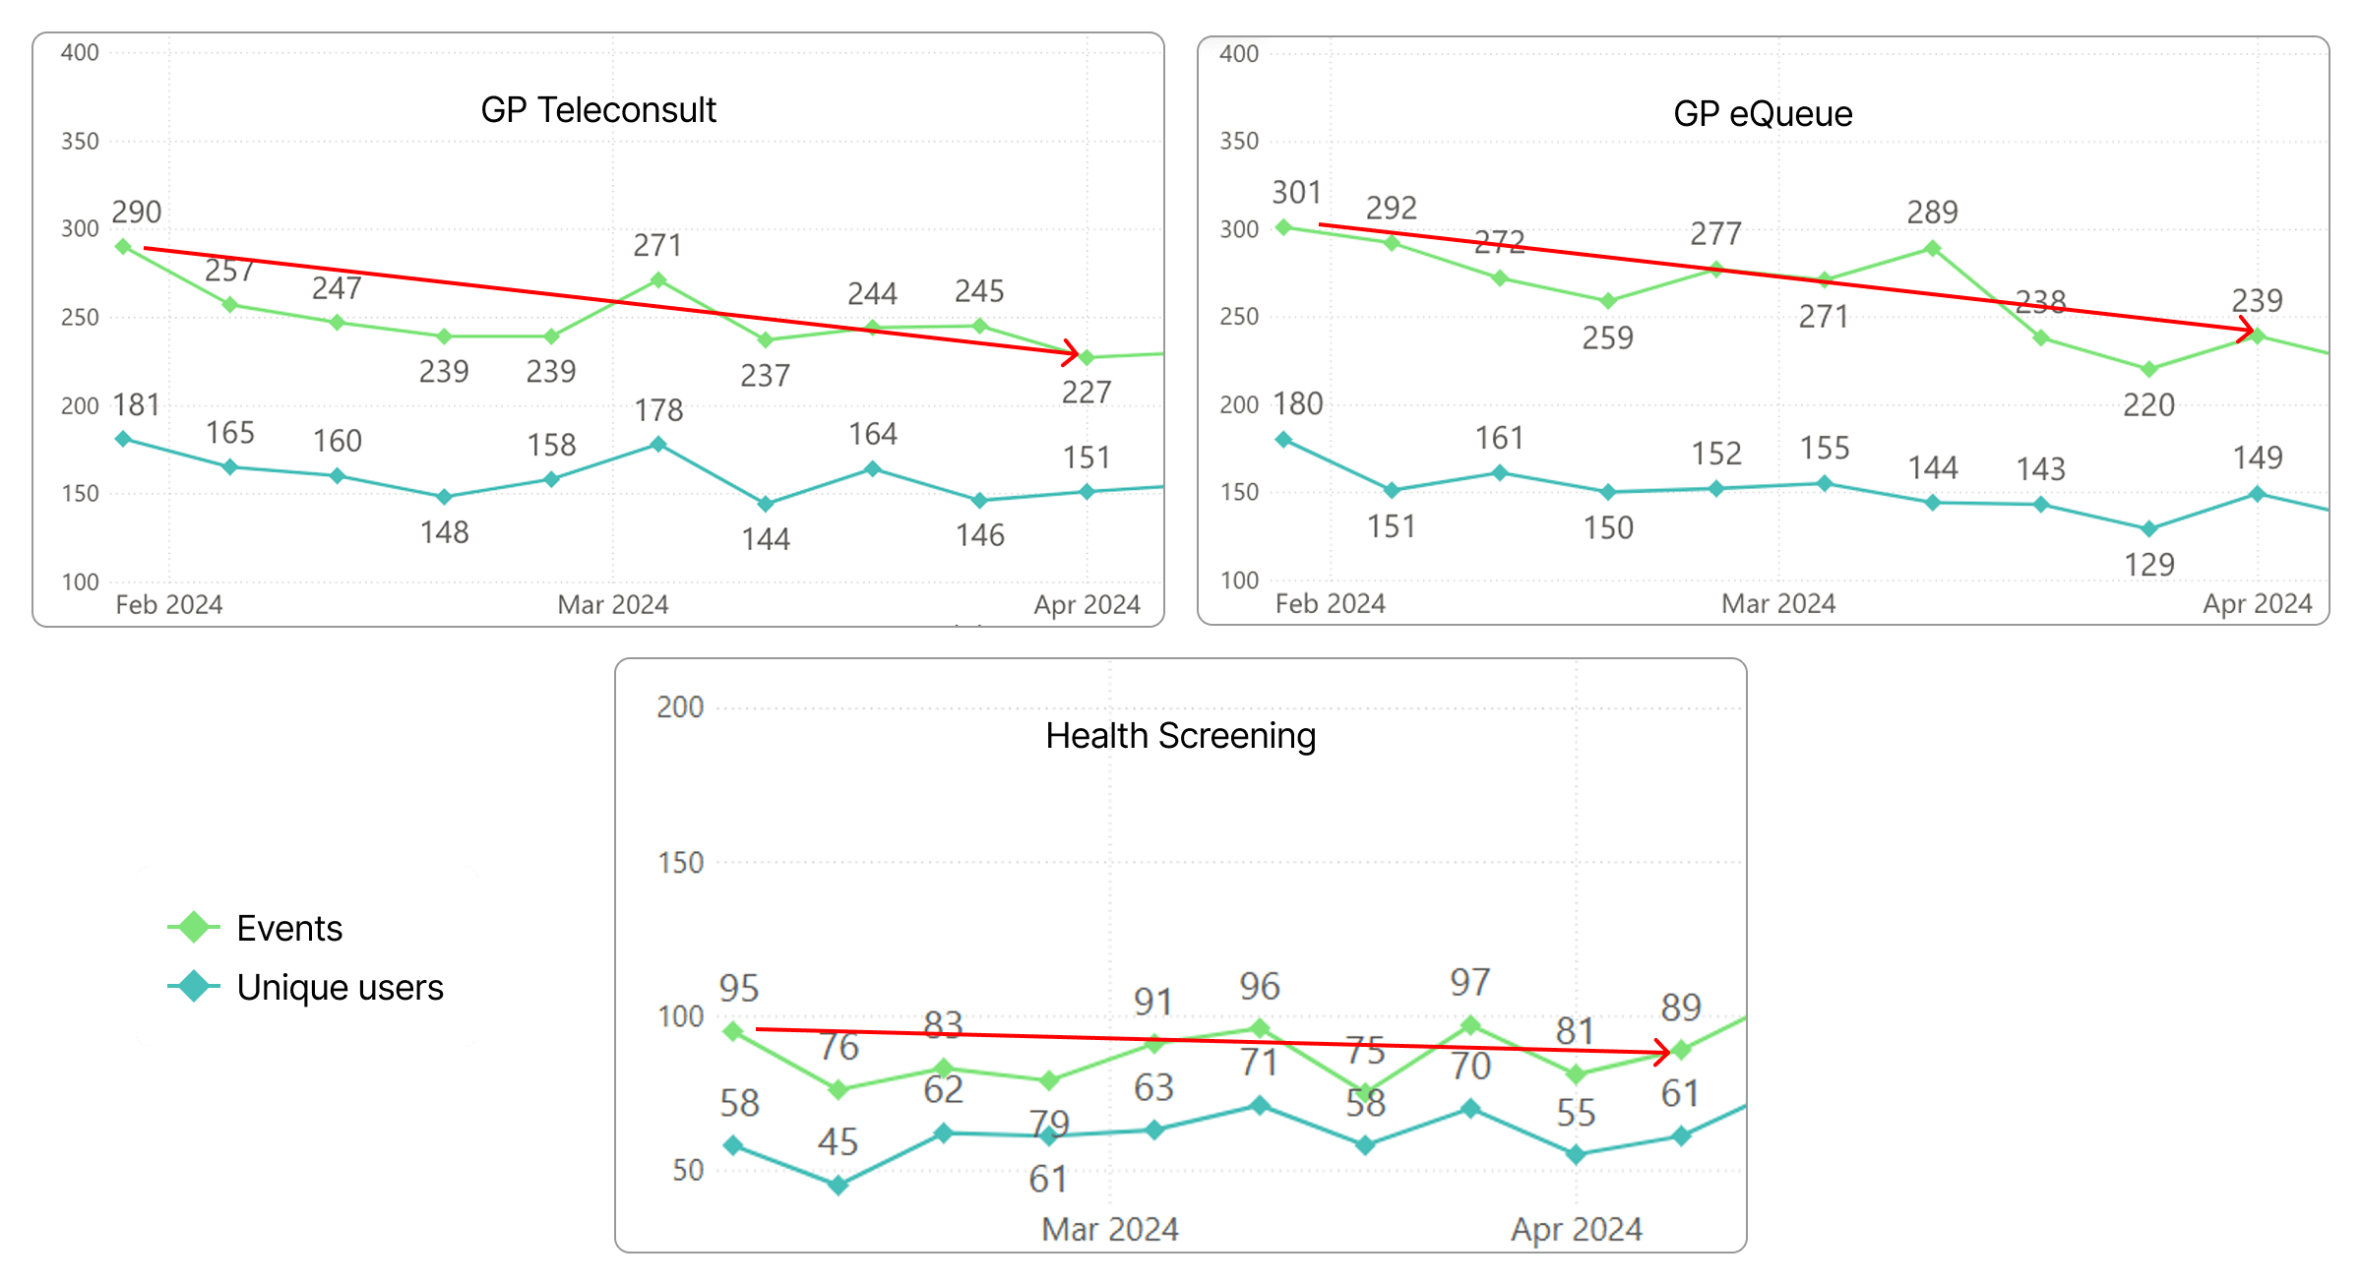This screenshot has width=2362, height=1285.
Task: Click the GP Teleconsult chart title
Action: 598,110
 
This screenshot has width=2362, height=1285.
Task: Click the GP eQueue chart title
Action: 1763,114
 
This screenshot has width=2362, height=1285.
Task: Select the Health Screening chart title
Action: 1180,736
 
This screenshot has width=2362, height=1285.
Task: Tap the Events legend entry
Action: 289,928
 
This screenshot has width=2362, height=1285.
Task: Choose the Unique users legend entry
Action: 340,987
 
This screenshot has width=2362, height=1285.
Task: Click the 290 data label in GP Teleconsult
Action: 136,213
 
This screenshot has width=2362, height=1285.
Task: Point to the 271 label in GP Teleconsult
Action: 657,245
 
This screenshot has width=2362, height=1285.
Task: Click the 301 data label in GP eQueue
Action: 1296,193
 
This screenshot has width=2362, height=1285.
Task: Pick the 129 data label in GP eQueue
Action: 2148,565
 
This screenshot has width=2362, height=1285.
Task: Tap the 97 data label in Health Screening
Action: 1469,982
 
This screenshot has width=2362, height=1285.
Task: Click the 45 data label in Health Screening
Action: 838,1142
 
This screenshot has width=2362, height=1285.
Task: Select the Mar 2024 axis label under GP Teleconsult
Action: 612,604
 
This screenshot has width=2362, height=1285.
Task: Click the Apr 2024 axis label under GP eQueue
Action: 2257,603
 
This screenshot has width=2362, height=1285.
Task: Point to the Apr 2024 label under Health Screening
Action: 1576,1229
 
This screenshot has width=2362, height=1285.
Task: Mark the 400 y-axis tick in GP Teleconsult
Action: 80,53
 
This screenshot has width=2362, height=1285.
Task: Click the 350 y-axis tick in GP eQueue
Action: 1238,142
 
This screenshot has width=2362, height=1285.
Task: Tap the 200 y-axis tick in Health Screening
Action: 680,707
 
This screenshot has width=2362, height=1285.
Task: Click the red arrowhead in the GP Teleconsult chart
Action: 1074,352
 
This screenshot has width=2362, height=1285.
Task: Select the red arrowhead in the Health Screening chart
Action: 1665,1053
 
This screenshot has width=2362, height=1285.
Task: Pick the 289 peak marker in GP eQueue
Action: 1932,249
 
